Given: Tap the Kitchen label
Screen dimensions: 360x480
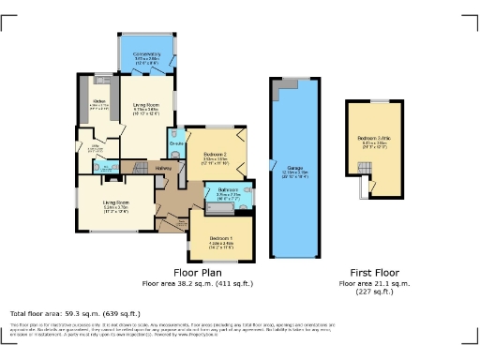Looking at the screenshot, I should tap(98, 103).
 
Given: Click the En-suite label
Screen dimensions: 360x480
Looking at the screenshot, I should tap(175, 142).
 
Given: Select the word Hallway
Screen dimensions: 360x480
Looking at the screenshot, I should tap(163, 168).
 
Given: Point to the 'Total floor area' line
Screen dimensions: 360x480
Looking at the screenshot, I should tap(75, 312).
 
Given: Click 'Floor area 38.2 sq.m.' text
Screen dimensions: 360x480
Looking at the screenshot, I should tap(197, 282).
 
